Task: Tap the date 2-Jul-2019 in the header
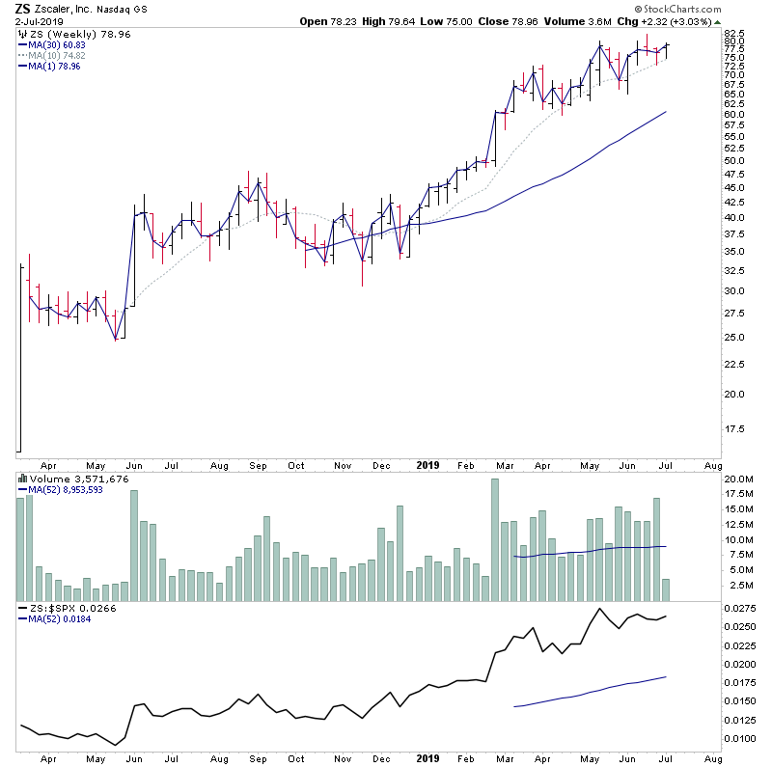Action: (37, 22)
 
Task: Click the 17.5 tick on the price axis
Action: (734, 428)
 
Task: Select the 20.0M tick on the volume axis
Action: (737, 479)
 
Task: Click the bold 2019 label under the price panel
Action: (428, 464)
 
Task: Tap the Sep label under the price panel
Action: (258, 464)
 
